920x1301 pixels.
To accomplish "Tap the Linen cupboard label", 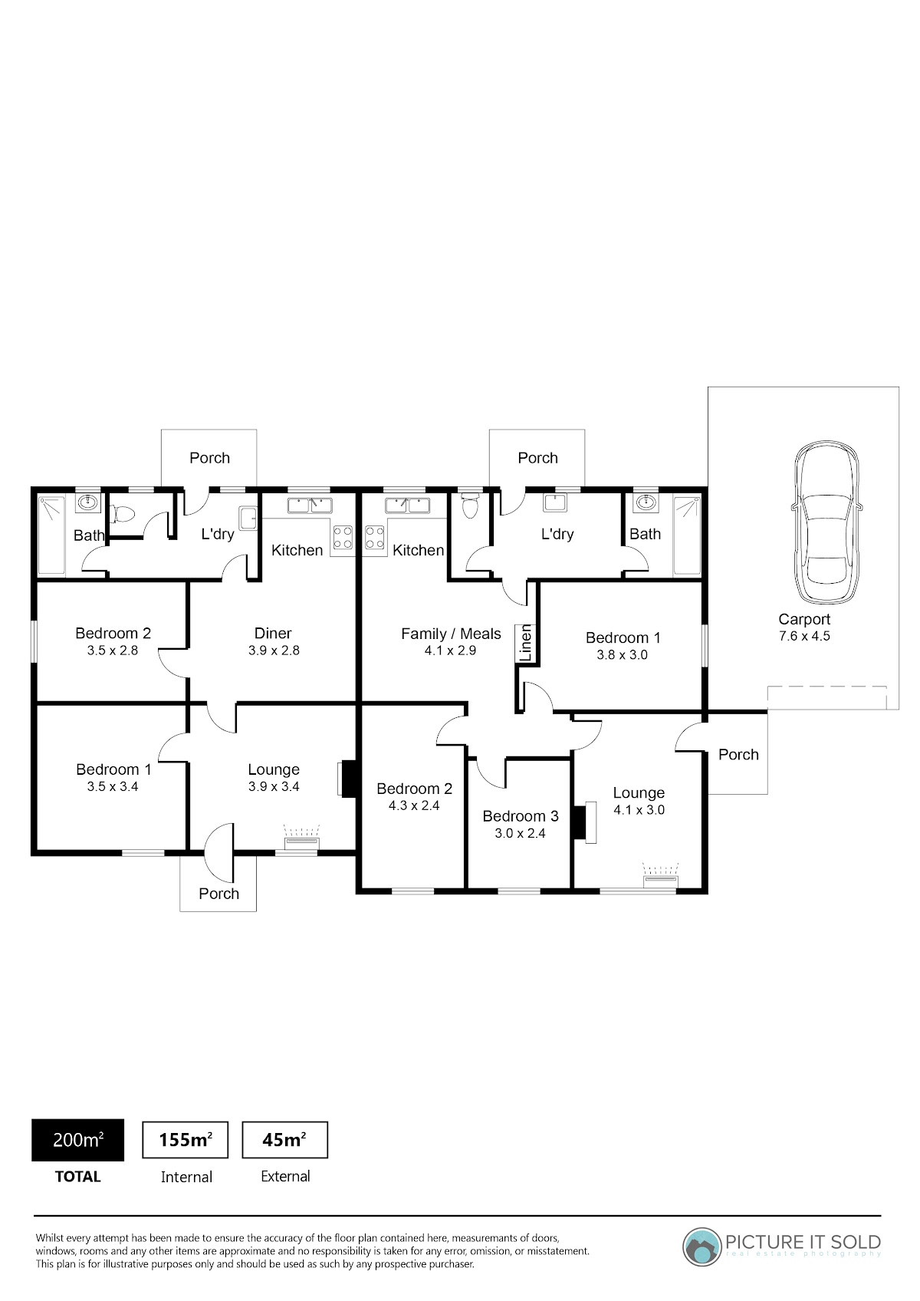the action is [x=525, y=643].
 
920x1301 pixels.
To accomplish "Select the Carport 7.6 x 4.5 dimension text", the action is [x=804, y=636].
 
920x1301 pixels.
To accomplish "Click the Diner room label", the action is [x=273, y=633].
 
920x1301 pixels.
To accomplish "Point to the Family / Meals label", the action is [x=451, y=634].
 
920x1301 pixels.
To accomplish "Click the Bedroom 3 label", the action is [x=521, y=816].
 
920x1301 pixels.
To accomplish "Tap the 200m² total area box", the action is [x=77, y=1140].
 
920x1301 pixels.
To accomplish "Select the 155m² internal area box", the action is [x=186, y=1140].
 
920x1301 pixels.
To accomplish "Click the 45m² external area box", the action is [x=284, y=1140].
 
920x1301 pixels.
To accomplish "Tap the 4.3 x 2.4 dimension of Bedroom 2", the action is [x=414, y=805].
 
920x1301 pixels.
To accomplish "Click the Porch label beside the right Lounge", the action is [x=738, y=755].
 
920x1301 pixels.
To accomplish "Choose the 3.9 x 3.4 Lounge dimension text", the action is [x=274, y=786].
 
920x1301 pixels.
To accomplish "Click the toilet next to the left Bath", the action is [x=123, y=513].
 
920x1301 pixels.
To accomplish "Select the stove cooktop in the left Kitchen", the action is [x=343, y=537].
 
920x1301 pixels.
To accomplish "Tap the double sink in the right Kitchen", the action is [x=407, y=506].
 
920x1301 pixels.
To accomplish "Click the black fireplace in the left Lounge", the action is [x=348, y=779].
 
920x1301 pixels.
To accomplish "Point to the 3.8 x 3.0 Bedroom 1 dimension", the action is [x=623, y=654].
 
